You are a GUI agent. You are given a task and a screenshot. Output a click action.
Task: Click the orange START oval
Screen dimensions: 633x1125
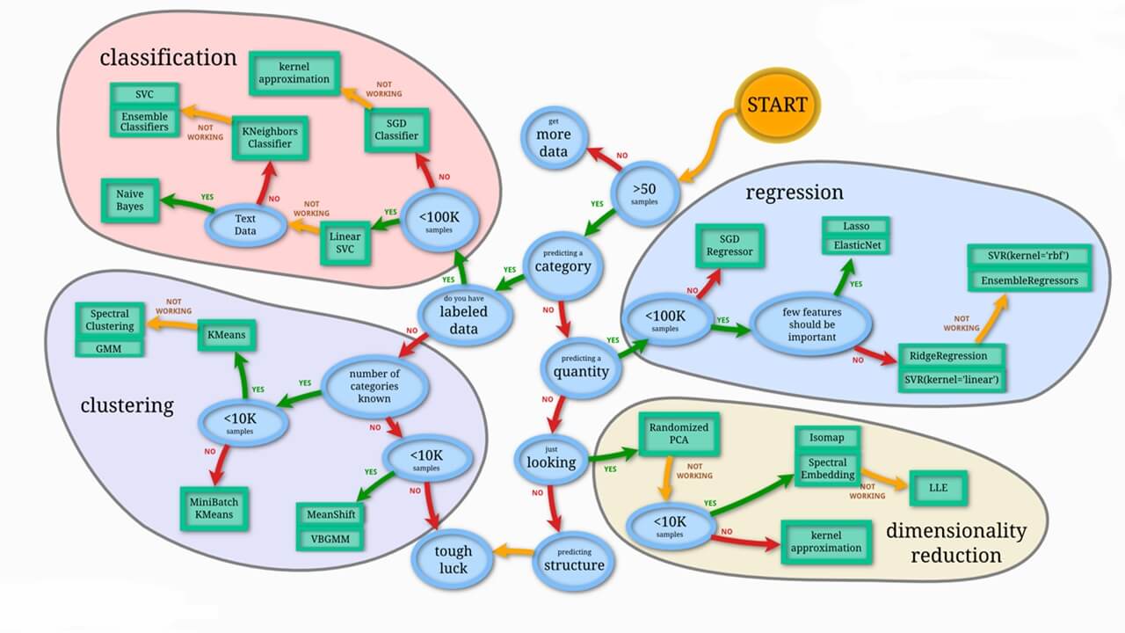pos(776,105)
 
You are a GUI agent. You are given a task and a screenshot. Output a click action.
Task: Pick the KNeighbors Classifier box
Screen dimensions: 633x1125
pos(270,137)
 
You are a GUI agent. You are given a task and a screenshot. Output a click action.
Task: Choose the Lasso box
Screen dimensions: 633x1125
pos(857,226)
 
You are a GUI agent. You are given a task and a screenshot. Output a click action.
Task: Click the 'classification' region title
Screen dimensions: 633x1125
pos(168,58)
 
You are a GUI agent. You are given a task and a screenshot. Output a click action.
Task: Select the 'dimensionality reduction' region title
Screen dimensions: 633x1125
pos(955,542)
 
